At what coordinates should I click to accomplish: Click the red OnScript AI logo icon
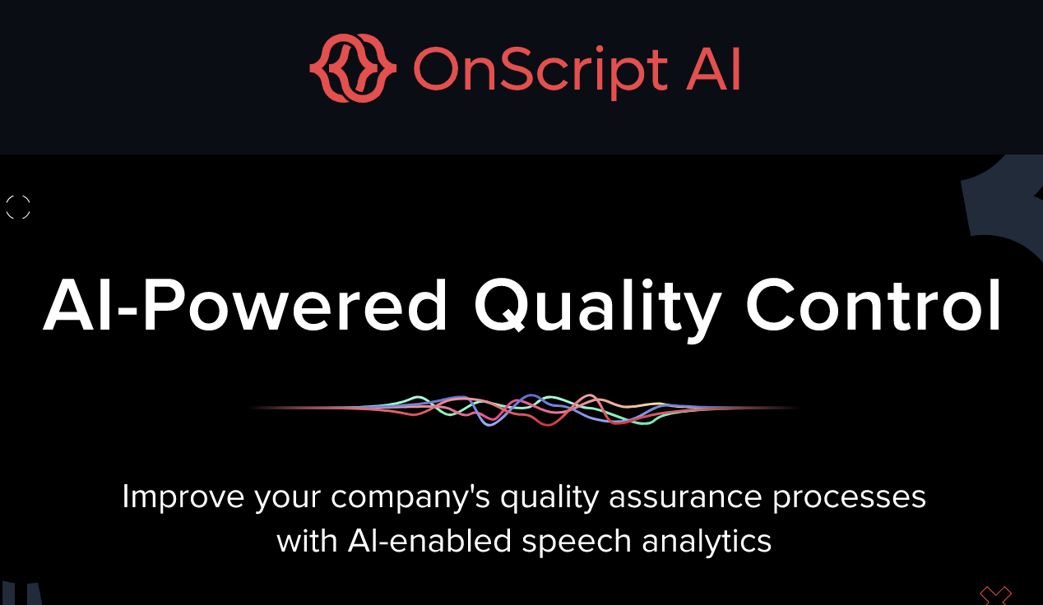(x=353, y=68)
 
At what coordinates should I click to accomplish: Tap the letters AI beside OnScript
(x=713, y=69)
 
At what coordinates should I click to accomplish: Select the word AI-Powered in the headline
(x=245, y=305)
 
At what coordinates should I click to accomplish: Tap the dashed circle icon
(x=18, y=207)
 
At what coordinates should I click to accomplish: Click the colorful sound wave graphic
(x=524, y=409)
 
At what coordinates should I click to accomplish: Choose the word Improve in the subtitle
(x=183, y=498)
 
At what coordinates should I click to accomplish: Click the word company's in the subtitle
(x=410, y=498)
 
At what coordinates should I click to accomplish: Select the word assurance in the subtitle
(x=685, y=496)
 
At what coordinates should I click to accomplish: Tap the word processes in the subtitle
(x=850, y=498)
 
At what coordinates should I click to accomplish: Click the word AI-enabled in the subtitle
(x=429, y=541)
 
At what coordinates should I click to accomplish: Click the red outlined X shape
(x=995, y=596)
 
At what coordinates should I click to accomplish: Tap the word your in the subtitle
(x=287, y=500)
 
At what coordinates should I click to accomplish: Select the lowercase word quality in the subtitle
(x=549, y=498)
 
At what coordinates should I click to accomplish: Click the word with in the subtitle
(x=307, y=541)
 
